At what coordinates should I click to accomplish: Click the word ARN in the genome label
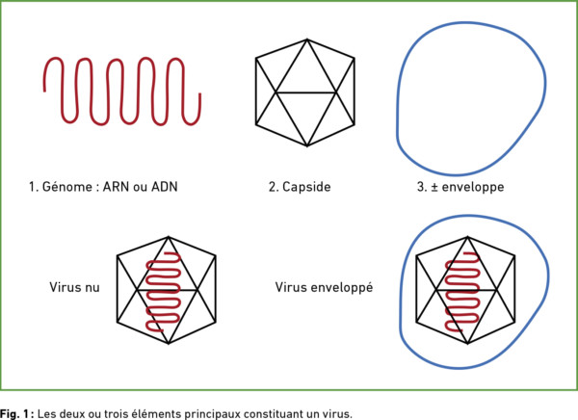tap(116, 187)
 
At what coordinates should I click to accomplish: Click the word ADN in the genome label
tap(165, 187)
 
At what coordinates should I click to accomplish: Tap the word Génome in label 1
tap(67, 187)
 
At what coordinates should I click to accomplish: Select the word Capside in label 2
tap(306, 187)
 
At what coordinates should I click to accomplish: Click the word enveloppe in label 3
tap(473, 187)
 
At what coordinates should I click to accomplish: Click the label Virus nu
tap(74, 287)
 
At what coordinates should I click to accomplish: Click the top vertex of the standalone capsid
tap(307, 39)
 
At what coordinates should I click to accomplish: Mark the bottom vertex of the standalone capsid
tap(307, 146)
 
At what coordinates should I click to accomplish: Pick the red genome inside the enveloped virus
tap(462, 292)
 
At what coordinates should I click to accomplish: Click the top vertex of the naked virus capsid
tap(169, 237)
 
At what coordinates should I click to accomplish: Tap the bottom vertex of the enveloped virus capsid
tap(468, 344)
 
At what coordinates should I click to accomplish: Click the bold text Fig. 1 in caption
tap(14, 413)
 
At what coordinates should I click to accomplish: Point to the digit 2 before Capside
tap(272, 187)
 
